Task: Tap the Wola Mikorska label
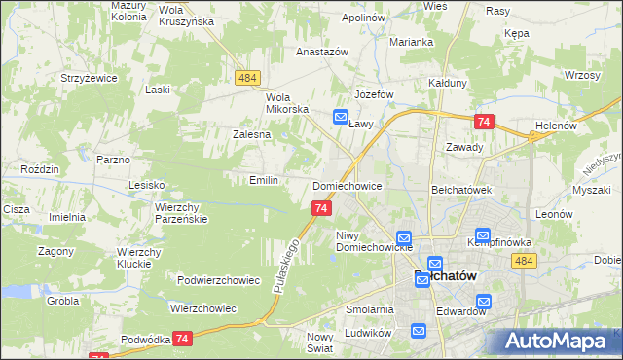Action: click(286, 103)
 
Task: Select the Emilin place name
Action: click(264, 180)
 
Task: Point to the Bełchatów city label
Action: click(445, 276)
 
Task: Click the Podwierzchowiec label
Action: click(218, 280)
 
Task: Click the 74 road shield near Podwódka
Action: click(182, 338)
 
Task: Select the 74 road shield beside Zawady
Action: click(484, 122)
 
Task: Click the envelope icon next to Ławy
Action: click(341, 118)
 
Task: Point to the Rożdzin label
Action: click(40, 169)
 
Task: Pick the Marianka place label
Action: click(411, 42)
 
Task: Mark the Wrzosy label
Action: click(580, 75)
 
